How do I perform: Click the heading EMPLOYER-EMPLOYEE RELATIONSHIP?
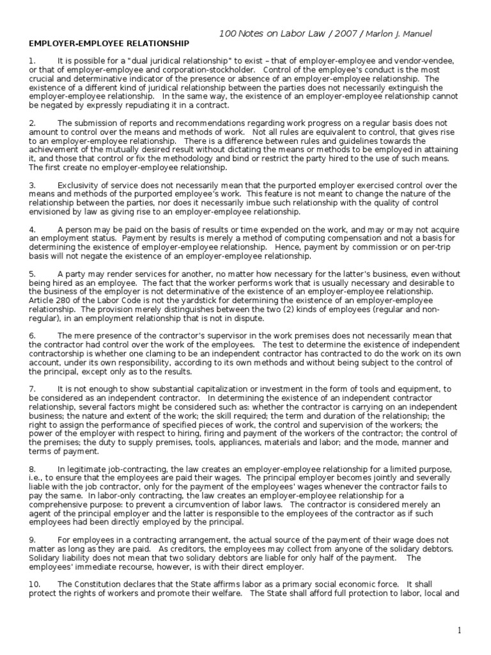pos(109,43)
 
